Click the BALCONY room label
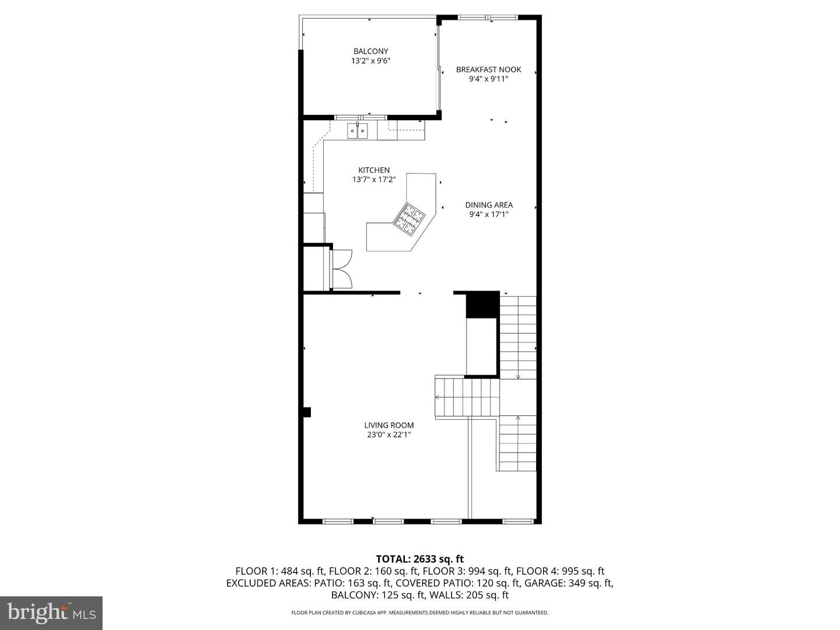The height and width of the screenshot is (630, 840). [370, 51]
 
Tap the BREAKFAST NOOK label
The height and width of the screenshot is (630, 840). [488, 69]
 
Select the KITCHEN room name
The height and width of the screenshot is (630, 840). [374, 170]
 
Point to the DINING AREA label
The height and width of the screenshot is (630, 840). [489, 205]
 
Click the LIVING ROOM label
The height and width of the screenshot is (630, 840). [389, 425]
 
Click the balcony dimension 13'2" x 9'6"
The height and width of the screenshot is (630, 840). [370, 61]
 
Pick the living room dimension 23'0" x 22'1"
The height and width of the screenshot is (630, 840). [389, 435]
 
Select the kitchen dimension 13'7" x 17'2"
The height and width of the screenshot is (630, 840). [374, 180]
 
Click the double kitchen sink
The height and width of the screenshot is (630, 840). [358, 131]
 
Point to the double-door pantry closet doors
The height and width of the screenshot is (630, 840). [341, 269]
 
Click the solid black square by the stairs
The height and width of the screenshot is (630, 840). [482, 305]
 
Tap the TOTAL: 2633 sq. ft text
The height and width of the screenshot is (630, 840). [419, 559]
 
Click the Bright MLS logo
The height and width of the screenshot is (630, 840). [51, 612]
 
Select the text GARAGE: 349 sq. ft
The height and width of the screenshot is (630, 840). [568, 583]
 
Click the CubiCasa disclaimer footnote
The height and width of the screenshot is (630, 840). [419, 612]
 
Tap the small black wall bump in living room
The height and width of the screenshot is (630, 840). [307, 412]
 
